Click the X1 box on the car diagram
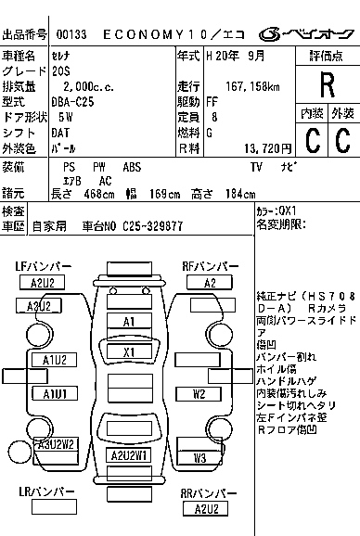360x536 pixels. (x=129, y=351)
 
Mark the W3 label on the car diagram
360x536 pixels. (x=199, y=458)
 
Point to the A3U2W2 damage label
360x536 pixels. (x=56, y=444)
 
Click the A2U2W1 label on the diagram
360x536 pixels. (x=130, y=455)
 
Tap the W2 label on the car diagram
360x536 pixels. (x=199, y=393)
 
